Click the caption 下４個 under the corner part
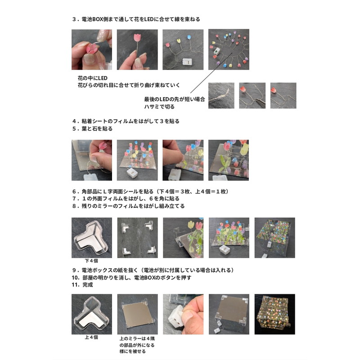tap(91, 261)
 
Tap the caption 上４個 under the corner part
tap(91, 337)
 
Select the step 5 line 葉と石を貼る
tap(92, 129)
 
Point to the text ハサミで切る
tap(159, 107)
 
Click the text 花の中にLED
tap(93, 78)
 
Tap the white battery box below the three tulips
tap(187, 62)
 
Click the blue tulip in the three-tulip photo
tap(189, 37)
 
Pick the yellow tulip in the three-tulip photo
tap(179, 41)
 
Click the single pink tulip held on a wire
tap(137, 37)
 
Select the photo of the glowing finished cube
tap(274, 314)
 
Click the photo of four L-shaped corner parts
tap(138, 238)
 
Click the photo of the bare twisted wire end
tap(221, 95)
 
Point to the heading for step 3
tap(136, 19)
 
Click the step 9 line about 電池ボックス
tap(153, 270)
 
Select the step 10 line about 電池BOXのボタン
tap(131, 278)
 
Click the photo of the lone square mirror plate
tap(138, 314)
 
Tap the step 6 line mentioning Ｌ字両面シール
tap(151, 192)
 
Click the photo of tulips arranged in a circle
tap(229, 49)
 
